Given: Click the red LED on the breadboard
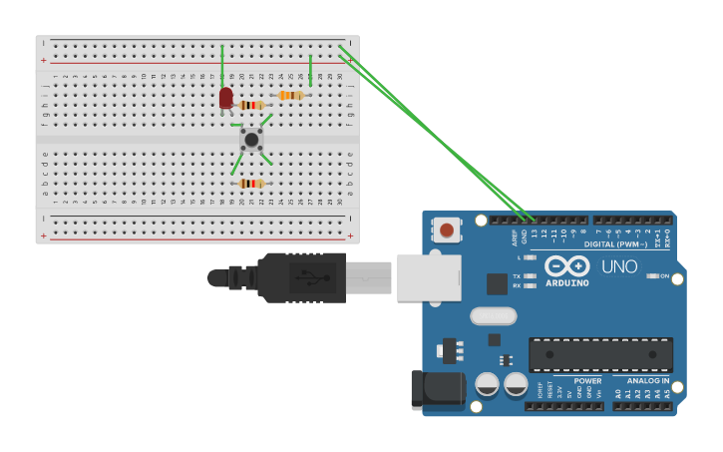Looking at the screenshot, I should point(226,97).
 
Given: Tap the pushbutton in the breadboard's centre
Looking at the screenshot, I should point(251,140).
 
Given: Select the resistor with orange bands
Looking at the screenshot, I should point(290,96).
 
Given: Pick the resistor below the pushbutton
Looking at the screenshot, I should point(251,184).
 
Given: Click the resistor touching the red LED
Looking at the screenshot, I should point(251,105).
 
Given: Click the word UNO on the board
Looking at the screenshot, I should point(618,266).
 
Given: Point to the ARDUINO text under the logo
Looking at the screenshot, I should point(566,282).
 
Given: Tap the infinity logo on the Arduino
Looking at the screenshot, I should point(566,266).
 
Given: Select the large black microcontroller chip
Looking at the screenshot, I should point(600,355).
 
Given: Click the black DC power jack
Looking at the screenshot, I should point(438,389).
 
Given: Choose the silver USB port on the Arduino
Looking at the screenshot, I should point(429,277).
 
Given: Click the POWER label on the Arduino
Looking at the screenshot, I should point(587,380).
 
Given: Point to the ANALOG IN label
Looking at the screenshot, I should point(648,380).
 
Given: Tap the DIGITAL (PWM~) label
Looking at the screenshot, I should point(615,243).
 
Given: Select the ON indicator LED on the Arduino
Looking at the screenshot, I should point(652,276).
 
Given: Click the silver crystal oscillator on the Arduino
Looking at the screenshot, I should point(493,316).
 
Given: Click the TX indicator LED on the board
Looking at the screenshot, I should point(531,275).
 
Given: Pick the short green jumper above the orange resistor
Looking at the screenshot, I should point(310,70).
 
